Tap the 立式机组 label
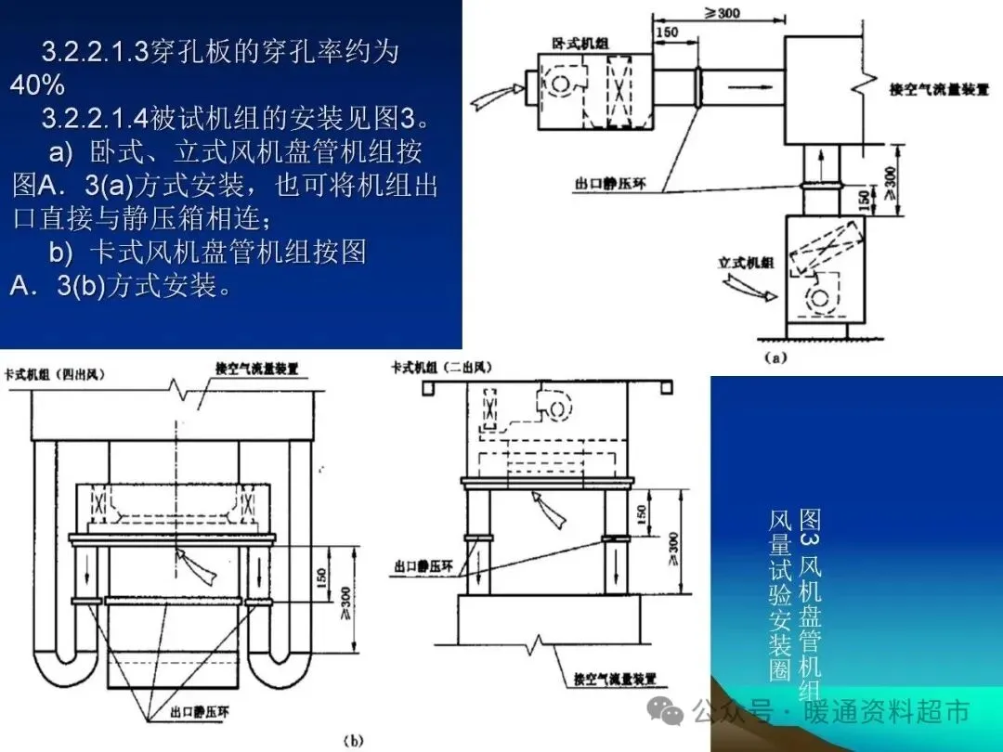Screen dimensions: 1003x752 pos(746,264)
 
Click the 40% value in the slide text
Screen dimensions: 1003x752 pos(37,85)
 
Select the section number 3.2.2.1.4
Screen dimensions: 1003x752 pos(96,119)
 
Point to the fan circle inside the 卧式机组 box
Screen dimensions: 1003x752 pos(562,84)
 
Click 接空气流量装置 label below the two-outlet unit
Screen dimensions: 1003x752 pos(616,679)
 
